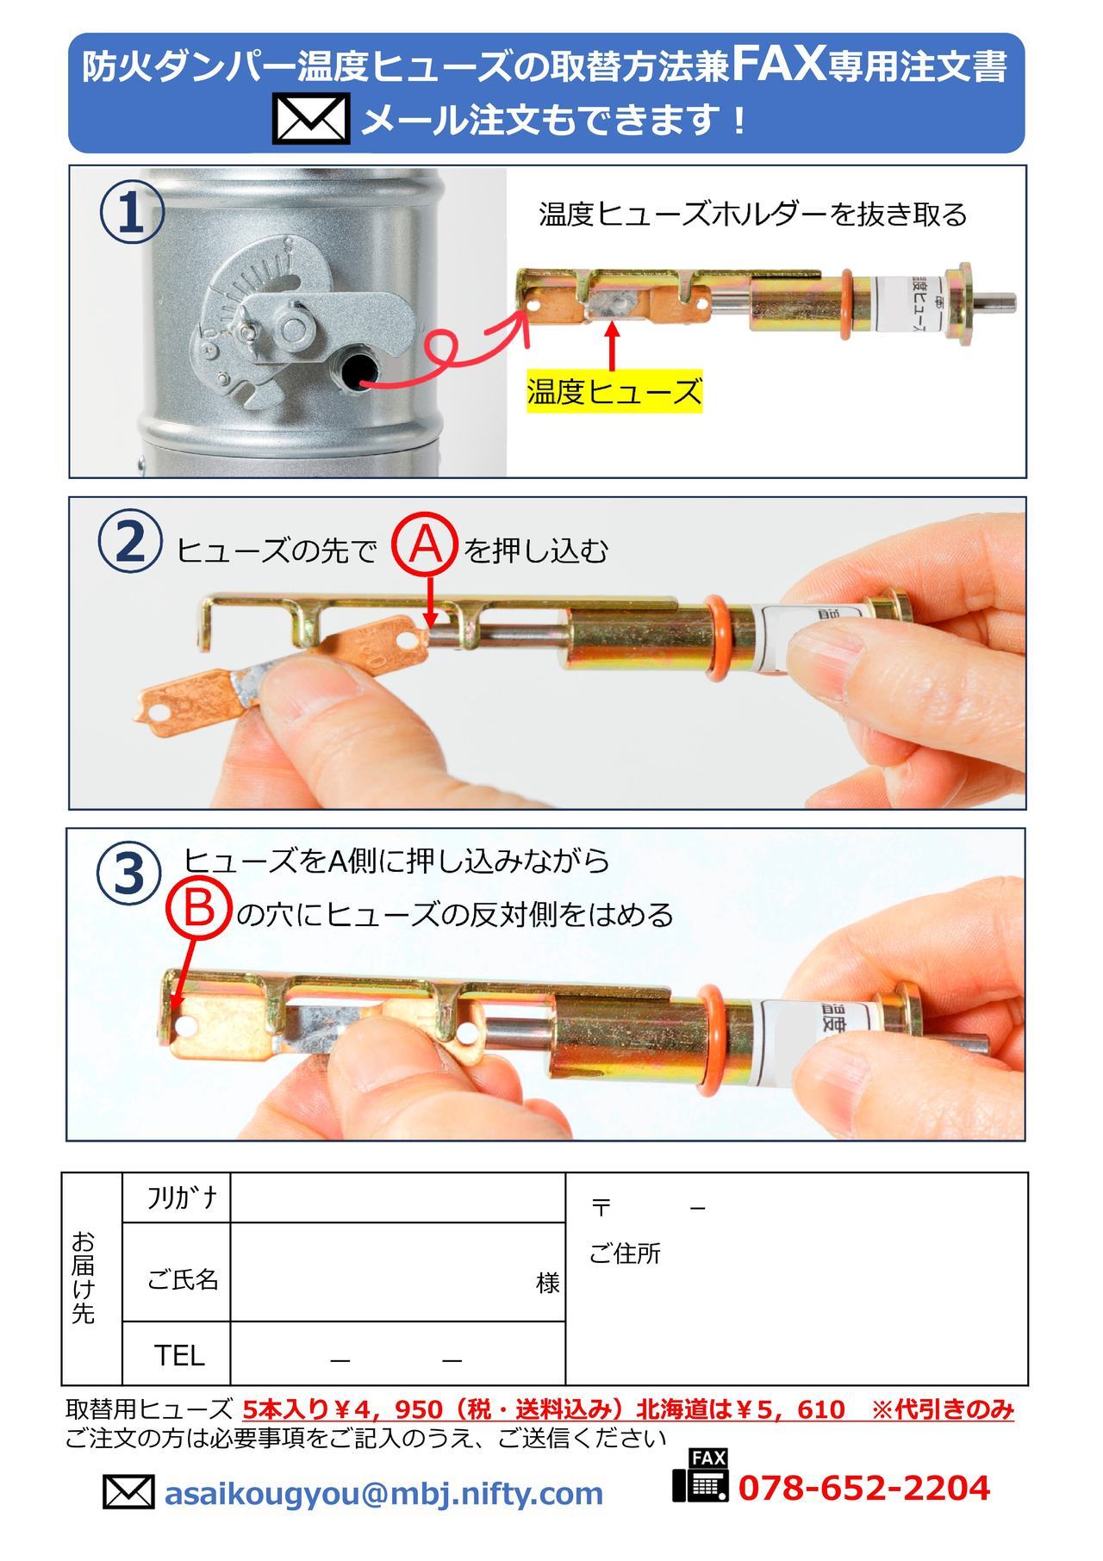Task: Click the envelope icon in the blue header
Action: pyautogui.click(x=311, y=120)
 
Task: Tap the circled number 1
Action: pyautogui.click(x=132, y=214)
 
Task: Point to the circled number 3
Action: pyautogui.click(x=128, y=872)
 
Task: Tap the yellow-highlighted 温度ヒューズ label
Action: pyautogui.click(x=614, y=393)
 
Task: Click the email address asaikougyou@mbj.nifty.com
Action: pyautogui.click(x=383, y=1492)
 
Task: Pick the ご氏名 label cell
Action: pyautogui.click(x=177, y=1272)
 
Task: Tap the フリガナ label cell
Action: pyautogui.click(x=177, y=1197)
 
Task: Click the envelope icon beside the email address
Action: pyautogui.click(x=128, y=1492)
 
